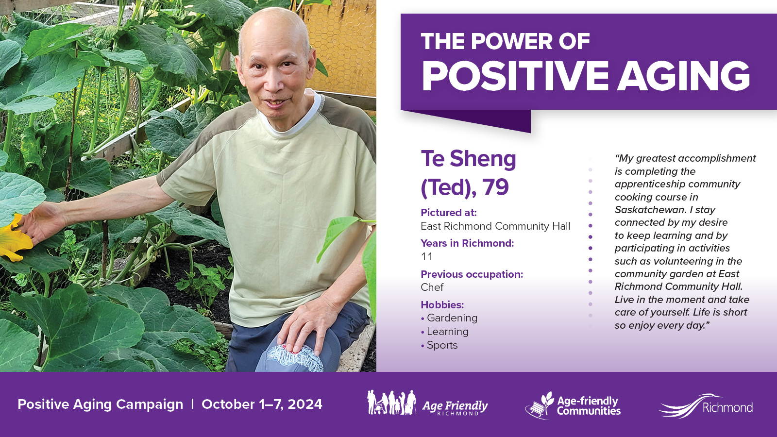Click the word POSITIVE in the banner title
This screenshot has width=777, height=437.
(x=515, y=76)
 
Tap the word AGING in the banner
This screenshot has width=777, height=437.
(x=685, y=76)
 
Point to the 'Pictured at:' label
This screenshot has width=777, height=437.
(x=449, y=212)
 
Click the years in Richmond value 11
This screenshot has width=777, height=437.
(x=426, y=257)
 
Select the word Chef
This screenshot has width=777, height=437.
(x=432, y=287)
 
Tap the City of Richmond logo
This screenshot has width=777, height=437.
(x=706, y=405)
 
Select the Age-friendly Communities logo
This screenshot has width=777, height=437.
(x=573, y=405)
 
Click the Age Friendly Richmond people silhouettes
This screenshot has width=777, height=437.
(x=391, y=403)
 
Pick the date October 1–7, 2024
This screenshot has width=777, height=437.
(x=262, y=404)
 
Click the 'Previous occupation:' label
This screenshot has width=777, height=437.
(x=472, y=274)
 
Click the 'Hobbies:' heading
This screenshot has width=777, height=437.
(x=442, y=305)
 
